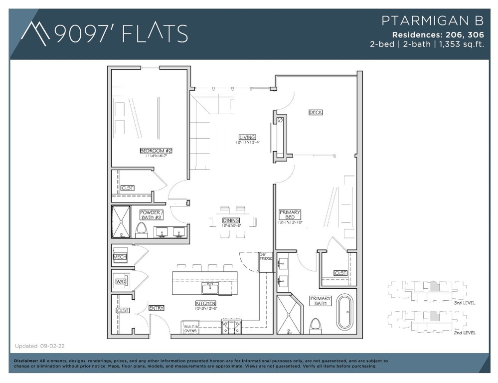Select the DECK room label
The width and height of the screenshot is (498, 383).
coord(315,113)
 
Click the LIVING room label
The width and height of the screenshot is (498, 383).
coord(247,137)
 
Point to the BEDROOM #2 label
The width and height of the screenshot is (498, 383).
coord(156,151)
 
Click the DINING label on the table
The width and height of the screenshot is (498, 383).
coord(231,220)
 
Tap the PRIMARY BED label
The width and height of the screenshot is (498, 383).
coord(291,215)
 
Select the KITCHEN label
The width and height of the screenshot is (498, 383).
coord(205,303)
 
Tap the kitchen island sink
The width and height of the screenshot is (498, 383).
coord(210,288)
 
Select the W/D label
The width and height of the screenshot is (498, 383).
coord(121,281)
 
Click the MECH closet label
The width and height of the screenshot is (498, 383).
coord(120,257)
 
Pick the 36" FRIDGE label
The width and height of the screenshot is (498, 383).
coord(264,257)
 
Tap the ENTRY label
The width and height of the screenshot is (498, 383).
coord(156,308)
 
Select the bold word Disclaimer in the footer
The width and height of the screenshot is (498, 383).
coord(23,360)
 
